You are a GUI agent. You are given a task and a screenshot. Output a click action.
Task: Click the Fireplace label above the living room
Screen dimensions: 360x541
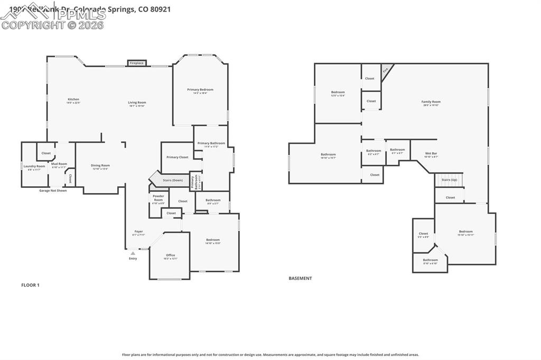tap(136, 63)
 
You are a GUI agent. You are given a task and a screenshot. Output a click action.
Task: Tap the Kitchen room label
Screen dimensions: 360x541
tap(73, 100)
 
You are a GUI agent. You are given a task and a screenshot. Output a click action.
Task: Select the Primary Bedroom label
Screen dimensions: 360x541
tap(200, 90)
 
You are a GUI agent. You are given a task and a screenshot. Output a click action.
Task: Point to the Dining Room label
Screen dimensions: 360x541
tap(100, 166)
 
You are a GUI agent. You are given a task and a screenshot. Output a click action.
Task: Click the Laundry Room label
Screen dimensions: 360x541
tap(34, 167)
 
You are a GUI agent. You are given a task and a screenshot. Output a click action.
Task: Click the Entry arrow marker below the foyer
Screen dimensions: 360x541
tap(133, 254)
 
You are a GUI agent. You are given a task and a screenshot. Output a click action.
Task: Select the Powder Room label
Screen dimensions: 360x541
tap(158, 198)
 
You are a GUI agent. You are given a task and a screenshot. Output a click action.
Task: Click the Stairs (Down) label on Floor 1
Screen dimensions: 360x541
tap(173, 180)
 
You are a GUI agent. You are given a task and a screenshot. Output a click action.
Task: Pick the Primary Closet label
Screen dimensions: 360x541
tap(177, 157)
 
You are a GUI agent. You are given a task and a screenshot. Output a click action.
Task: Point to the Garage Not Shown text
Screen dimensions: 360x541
tap(53, 191)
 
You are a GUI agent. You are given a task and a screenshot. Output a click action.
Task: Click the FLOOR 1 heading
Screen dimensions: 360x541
tap(30, 285)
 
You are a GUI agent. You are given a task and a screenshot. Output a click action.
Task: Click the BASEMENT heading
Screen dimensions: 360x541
tap(300, 278)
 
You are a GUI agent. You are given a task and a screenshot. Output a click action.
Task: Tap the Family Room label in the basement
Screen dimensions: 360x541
tap(431, 102)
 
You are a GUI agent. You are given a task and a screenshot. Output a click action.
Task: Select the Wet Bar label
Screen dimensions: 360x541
tap(431, 154)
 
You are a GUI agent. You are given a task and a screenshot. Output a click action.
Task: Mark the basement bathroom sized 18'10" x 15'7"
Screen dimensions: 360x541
tap(328, 155)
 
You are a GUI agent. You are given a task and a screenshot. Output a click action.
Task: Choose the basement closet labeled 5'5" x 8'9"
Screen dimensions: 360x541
tap(423, 234)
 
